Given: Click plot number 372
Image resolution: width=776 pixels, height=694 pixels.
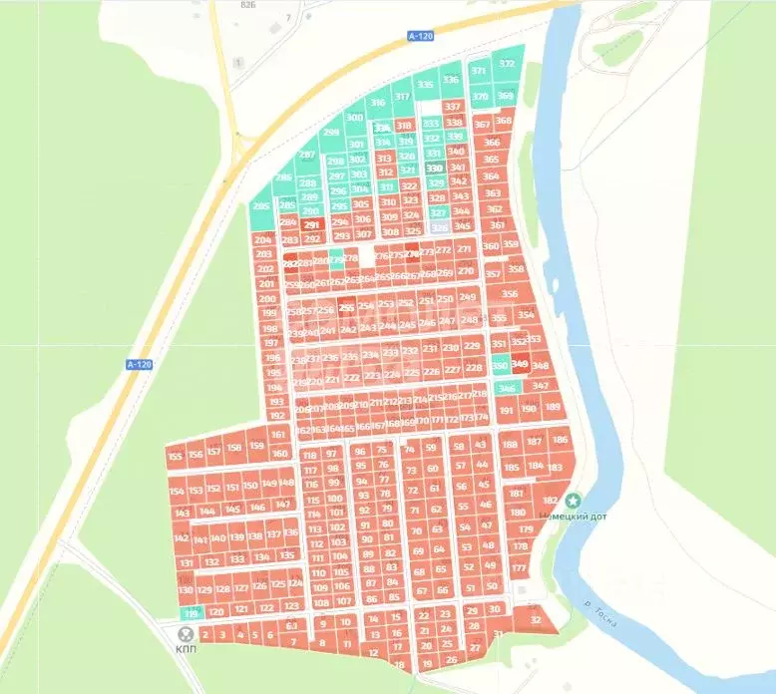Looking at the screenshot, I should click(507, 64).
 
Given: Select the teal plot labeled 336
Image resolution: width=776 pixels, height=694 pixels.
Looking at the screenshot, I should click(451, 80).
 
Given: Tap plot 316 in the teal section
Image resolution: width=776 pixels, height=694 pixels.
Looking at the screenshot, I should click(377, 103).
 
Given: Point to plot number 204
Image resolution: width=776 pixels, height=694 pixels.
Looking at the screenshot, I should click(263, 239).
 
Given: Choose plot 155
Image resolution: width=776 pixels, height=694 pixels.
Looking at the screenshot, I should click(176, 456).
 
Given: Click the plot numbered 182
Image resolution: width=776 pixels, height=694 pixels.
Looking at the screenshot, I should click(550, 500).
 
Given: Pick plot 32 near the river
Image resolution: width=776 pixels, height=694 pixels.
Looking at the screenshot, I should click(537, 620).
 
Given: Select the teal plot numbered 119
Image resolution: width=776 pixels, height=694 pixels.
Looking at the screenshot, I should click(192, 612).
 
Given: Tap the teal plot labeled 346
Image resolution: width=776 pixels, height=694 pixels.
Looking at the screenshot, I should click(507, 388).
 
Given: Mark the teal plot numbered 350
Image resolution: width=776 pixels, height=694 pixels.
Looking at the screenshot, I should click(500, 366).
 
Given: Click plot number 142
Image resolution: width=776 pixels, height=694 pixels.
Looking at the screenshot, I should click(181, 538).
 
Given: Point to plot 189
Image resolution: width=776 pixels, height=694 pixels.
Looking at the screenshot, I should click(552, 408).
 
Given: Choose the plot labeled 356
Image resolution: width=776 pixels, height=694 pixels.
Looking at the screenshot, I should click(510, 294).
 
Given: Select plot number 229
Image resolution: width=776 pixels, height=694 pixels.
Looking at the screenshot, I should click(473, 346).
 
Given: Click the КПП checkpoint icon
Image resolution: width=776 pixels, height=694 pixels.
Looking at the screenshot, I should click(186, 634).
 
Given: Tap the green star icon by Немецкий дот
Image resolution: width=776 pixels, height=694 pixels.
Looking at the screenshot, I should click(573, 501).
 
